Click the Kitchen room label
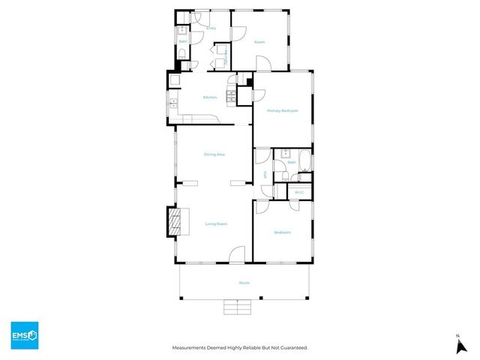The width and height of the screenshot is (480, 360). click(210, 97)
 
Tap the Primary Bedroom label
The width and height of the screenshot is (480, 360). click(283, 110)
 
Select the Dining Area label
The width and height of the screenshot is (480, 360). click(214, 154)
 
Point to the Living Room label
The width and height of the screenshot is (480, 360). click(216, 223)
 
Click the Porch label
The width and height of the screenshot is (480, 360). click(244, 283)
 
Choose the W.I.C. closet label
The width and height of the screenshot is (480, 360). click(298, 193)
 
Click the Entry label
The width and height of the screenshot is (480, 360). click(211, 28)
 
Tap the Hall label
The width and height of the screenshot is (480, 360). click(265, 175)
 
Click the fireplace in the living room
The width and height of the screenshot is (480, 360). click(174, 221)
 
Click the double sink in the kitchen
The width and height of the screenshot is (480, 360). click(172, 103)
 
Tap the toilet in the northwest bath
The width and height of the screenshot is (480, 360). click(183, 53)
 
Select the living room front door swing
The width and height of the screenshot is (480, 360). click(237, 255)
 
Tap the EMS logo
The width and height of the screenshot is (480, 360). click(24, 335)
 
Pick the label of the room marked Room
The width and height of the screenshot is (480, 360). click(259, 42)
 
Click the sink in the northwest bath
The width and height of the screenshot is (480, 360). click(182, 31)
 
